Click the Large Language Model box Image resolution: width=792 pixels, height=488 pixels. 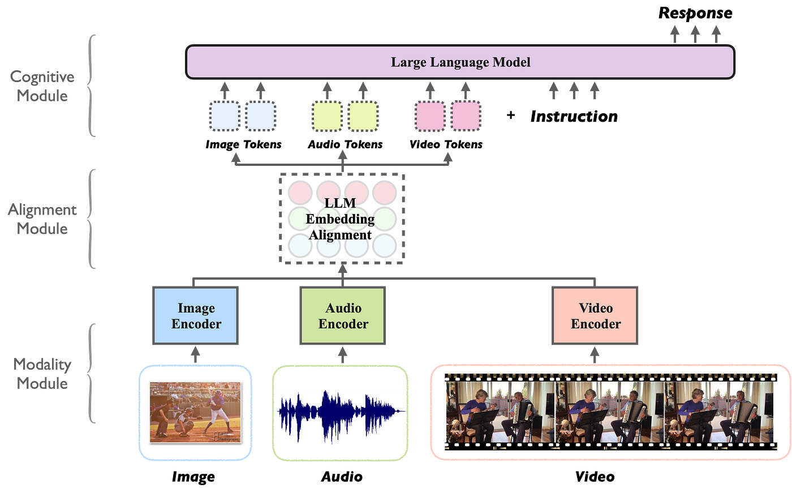(x=460, y=62)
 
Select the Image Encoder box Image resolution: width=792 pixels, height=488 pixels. (x=196, y=316)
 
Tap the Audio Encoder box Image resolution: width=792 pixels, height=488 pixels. (x=343, y=316)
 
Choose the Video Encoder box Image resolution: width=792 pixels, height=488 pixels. (x=595, y=316)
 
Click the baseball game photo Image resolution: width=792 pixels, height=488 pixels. (x=195, y=411)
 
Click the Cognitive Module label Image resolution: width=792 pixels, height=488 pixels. (x=42, y=86)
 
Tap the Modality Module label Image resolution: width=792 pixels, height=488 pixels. (x=42, y=374)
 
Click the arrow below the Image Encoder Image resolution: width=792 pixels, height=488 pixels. (x=196, y=355)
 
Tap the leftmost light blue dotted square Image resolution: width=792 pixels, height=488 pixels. (x=225, y=115)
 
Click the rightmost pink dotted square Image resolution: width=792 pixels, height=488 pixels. (x=465, y=115)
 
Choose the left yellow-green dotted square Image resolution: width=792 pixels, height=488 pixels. (x=328, y=115)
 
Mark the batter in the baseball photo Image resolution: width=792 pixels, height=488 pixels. (x=216, y=408)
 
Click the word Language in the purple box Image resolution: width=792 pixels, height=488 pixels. (x=461, y=62)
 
